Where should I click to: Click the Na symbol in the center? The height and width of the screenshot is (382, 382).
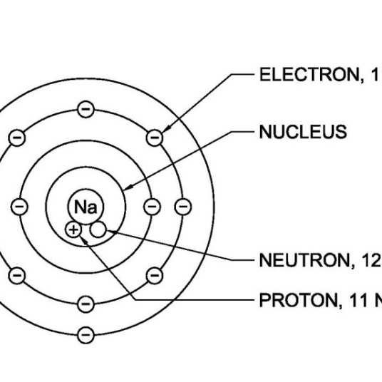(x=86, y=207)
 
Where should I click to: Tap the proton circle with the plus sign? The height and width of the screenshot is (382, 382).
(x=73, y=229)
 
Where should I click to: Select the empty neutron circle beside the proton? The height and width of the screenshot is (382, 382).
(x=98, y=229)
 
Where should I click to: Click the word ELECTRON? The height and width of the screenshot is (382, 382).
(x=309, y=75)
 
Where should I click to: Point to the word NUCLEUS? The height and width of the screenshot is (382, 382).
(x=303, y=132)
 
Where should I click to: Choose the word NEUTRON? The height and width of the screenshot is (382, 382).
(x=304, y=260)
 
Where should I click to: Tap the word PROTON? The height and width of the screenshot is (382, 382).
(x=299, y=300)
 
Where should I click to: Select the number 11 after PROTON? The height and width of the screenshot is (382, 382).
(x=358, y=300)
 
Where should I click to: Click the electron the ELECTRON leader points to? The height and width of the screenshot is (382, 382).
(x=155, y=138)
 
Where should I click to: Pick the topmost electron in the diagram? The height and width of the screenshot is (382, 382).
(x=86, y=109)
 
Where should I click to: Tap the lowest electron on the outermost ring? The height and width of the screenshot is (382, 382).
(x=86, y=335)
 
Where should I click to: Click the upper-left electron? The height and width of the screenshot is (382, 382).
(x=17, y=138)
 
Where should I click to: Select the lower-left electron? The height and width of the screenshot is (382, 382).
(x=17, y=276)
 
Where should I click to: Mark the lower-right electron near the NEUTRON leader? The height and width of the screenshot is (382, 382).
(x=155, y=276)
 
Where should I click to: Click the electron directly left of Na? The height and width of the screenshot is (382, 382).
(x=19, y=207)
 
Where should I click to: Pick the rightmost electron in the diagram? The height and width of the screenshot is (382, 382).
(x=183, y=207)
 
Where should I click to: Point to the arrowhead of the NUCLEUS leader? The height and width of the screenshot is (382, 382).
(x=128, y=187)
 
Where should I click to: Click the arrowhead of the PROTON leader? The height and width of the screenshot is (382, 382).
(x=84, y=241)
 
